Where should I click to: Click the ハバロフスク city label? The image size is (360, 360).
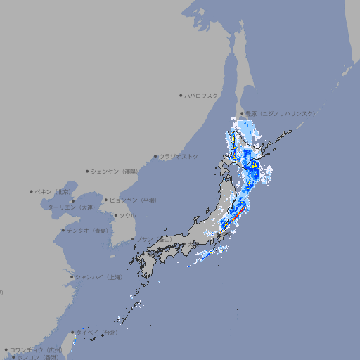[202, 95]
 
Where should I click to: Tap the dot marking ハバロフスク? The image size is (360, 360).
[181, 95]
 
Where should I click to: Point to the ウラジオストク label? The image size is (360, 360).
[179, 156]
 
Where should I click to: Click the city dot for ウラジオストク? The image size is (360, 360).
[155, 156]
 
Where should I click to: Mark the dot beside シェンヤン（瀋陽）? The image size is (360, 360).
[88, 171]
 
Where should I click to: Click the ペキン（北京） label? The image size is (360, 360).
[54, 191]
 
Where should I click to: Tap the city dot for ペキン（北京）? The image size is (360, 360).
[32, 191]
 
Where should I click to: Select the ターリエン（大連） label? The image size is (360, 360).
[72, 207]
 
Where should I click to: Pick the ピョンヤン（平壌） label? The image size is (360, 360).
[134, 200]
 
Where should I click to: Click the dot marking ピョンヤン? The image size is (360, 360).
[106, 200]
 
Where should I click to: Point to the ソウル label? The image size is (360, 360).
[127, 216]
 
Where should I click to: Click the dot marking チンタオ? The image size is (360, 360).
[63, 231]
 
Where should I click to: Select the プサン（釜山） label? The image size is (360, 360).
[154, 240]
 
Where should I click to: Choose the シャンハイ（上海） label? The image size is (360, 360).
[98, 277]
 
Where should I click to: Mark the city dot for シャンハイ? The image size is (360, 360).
[72, 277]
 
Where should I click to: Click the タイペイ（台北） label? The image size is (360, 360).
[101, 333]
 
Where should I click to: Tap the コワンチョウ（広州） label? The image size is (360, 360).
[35, 349]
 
